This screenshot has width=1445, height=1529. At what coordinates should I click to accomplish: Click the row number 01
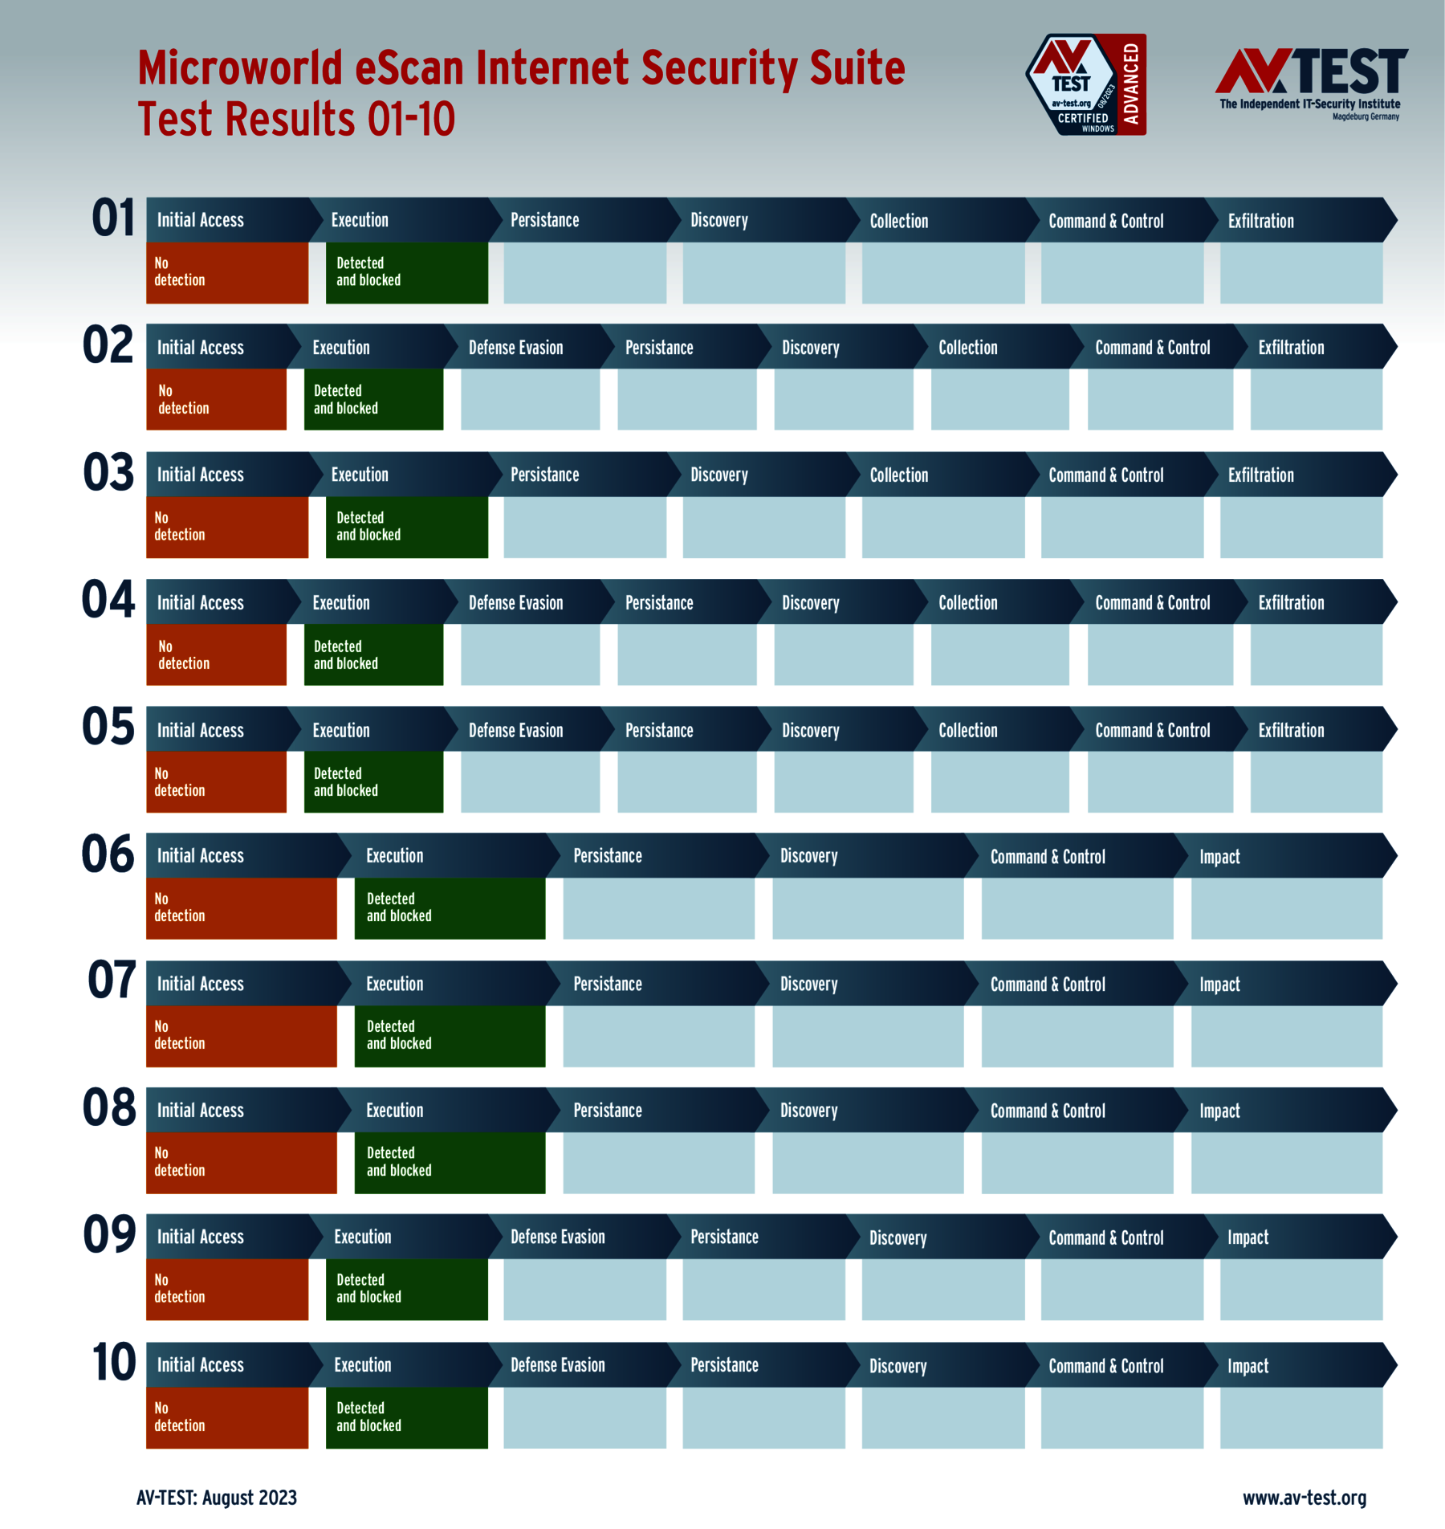click(113, 218)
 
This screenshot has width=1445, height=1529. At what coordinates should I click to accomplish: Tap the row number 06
click(108, 854)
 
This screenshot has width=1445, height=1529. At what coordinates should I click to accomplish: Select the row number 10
click(113, 1363)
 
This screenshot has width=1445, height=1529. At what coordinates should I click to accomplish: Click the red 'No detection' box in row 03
click(227, 527)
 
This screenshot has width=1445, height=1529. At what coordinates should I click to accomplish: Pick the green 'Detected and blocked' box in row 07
click(450, 1035)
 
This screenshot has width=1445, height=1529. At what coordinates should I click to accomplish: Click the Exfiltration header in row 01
click(1260, 221)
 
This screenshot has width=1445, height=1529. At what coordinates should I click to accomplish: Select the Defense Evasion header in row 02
click(515, 348)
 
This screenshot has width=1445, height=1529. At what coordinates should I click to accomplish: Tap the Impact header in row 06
click(1219, 857)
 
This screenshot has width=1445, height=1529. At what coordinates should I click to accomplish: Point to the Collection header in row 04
click(967, 603)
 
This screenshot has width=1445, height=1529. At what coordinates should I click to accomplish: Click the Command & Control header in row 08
click(1048, 1111)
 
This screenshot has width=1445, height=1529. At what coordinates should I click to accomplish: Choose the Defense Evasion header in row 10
click(557, 1365)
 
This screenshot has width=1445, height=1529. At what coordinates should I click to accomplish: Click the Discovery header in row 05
click(810, 731)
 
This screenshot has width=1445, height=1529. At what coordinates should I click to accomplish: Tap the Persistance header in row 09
click(724, 1237)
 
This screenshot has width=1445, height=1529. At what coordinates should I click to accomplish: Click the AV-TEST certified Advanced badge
click(1086, 84)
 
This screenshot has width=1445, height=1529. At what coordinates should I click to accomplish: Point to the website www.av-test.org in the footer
click(1305, 1498)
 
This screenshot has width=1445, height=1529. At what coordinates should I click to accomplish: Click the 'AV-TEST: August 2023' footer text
click(217, 1498)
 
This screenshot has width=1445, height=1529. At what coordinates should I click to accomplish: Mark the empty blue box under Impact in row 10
click(1300, 1417)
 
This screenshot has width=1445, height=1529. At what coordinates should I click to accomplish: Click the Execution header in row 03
click(360, 475)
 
